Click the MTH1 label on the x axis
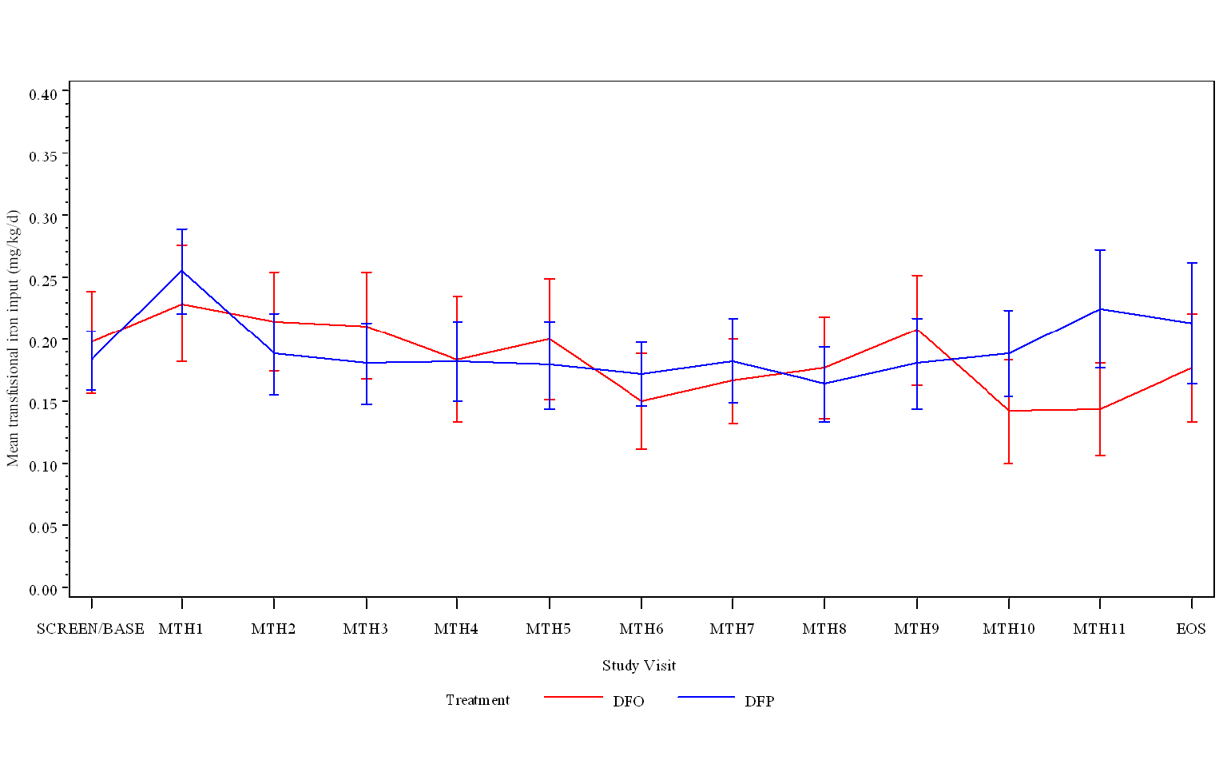pyautogui.click(x=181, y=629)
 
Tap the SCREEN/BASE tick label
pyautogui.click(x=90, y=629)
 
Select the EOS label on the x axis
pyautogui.click(x=1190, y=629)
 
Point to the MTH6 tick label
pyautogui.click(x=641, y=629)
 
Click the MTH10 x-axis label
pyautogui.click(x=1008, y=629)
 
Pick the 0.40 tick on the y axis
pyautogui.click(x=43, y=95)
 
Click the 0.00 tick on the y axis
pyautogui.click(x=43, y=590)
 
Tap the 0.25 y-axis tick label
pyautogui.click(x=43, y=281)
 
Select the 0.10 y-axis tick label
pyautogui.click(x=43, y=466)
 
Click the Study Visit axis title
pyautogui.click(x=639, y=666)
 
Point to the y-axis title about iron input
pyautogui.click(x=13, y=338)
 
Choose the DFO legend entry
pyautogui.click(x=628, y=702)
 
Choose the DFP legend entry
pyautogui.click(x=759, y=702)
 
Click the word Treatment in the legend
pyautogui.click(x=478, y=700)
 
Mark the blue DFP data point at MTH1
pyautogui.click(x=182, y=271)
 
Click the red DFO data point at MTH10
pyautogui.click(x=1008, y=411)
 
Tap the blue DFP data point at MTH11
pyautogui.click(x=1100, y=309)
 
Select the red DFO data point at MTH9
pyautogui.click(x=917, y=329)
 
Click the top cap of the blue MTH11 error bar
pyautogui.click(x=1100, y=250)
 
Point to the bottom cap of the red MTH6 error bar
pyautogui.click(x=641, y=449)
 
